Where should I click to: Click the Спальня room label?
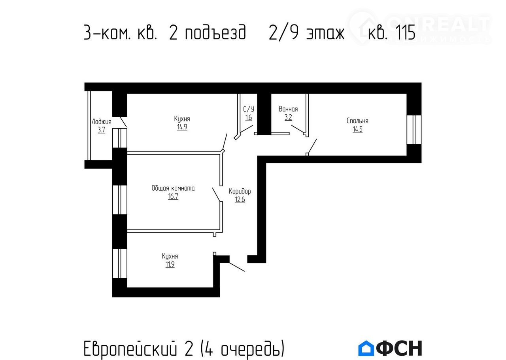tap(357, 121)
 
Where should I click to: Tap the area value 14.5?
tap(357, 129)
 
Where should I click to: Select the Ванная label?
tap(288, 109)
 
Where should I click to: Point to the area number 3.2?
tap(288, 117)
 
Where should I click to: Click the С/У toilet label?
tap(249, 109)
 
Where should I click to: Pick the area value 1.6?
tap(249, 117)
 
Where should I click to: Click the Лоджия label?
tap(102, 122)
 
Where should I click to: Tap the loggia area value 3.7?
tap(102, 130)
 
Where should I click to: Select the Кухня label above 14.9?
tap(182, 119)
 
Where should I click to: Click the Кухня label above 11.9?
tap(170, 256)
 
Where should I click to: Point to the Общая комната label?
tap(173, 188)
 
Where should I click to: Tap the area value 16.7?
tap(173, 196)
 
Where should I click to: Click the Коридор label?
tap(240, 191)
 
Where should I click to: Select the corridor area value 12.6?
tap(240, 199)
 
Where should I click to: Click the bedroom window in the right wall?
tap(414, 130)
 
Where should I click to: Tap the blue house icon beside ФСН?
tap(366, 348)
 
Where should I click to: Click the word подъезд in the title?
tap(215, 32)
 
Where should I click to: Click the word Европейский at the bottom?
tap(130, 349)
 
